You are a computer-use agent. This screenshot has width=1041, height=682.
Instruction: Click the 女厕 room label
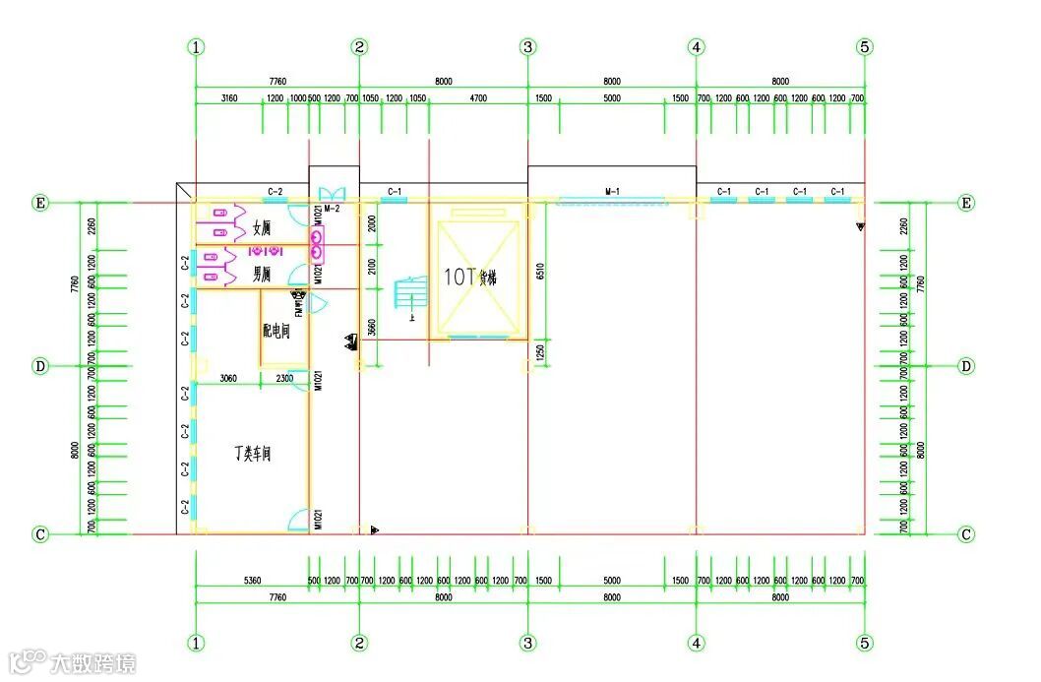(x=261, y=229)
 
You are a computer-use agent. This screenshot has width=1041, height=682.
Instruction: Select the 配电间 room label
(x=276, y=332)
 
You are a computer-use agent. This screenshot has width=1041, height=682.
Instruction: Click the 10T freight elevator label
(x=470, y=278)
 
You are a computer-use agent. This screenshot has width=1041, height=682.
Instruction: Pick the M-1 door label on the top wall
(x=612, y=191)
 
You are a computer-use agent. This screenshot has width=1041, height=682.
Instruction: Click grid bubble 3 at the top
(x=528, y=46)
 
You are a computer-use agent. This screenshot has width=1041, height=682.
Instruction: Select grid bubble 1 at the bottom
(x=197, y=643)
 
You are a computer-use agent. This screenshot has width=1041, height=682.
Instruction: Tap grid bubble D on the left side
(x=40, y=366)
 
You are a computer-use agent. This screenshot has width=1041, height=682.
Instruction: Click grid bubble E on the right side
(x=966, y=203)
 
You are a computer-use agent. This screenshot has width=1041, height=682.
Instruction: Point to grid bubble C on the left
(x=40, y=534)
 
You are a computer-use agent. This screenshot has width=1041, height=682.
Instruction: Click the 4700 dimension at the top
(x=478, y=98)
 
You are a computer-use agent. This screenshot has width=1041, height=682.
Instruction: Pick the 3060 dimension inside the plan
(x=227, y=378)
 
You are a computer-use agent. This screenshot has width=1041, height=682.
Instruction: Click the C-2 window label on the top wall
(x=276, y=191)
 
